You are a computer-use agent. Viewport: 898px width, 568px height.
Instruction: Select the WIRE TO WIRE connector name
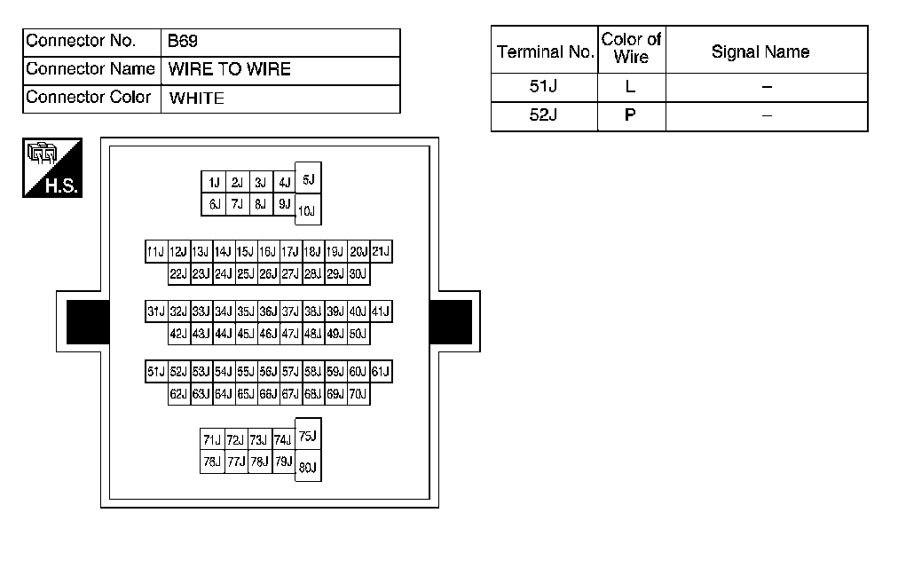tap(229, 69)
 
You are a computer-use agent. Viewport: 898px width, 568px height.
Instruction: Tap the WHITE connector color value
tap(196, 98)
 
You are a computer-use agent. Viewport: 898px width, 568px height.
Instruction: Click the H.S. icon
tap(52, 168)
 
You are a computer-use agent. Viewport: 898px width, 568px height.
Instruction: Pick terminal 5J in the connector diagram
tap(308, 179)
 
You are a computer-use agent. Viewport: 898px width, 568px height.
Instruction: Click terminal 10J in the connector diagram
tap(307, 210)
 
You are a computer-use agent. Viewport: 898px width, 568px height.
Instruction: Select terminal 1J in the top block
tap(214, 183)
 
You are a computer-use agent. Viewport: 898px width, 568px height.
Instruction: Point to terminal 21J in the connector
tap(382, 252)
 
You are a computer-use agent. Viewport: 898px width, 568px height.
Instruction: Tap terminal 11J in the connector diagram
tap(156, 252)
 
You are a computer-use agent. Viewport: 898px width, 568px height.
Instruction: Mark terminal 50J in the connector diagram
tap(358, 335)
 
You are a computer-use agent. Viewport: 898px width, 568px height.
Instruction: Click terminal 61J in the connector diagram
tap(382, 372)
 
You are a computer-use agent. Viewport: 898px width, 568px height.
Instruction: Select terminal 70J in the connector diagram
tap(358, 394)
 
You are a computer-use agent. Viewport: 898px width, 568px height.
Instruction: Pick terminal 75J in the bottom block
tap(308, 435)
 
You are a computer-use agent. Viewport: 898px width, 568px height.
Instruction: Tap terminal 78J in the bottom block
tap(212, 461)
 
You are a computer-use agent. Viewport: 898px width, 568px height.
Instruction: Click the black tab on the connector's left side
tap(87, 322)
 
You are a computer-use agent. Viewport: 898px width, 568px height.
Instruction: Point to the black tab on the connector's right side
tap(451, 322)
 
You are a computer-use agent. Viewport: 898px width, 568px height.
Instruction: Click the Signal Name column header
tap(760, 51)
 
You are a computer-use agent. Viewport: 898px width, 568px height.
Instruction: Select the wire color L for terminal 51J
tap(631, 88)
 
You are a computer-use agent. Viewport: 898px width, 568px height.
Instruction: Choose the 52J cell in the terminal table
tap(543, 115)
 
